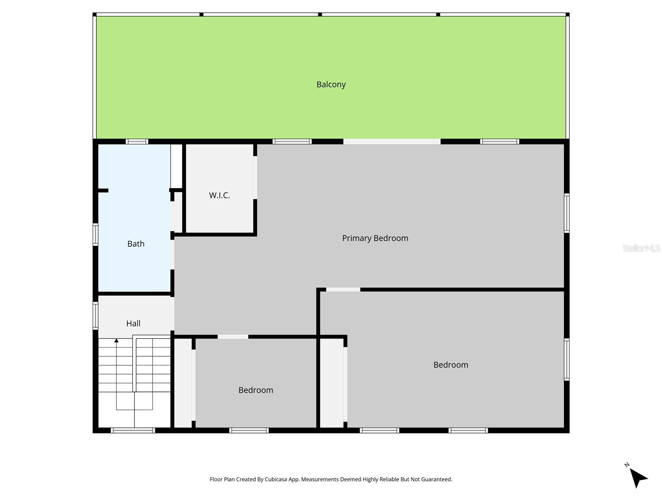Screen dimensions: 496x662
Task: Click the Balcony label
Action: [331, 84]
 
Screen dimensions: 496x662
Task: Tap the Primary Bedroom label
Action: [375, 238]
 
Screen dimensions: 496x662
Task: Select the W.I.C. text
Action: [219, 196]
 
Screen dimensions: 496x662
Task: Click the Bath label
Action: [136, 244]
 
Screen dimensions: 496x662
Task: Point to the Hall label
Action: [133, 324]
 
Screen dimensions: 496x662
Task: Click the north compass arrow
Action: [638, 477]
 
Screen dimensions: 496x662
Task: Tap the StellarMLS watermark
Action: [641, 248]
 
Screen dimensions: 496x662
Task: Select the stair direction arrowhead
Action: [117, 341]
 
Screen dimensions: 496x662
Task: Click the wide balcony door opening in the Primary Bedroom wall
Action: [391, 141]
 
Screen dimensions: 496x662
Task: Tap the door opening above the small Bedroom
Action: [233, 337]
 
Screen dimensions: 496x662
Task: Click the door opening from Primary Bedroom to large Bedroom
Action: [343, 289]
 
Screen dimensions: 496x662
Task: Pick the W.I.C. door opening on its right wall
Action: [255, 177]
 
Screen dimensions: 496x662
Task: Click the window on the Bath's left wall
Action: [96, 234]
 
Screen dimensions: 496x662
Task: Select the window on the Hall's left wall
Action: [96, 316]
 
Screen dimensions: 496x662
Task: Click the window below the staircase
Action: [133, 430]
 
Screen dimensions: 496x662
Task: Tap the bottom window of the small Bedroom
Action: [249, 430]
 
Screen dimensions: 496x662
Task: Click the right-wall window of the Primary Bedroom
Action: [567, 213]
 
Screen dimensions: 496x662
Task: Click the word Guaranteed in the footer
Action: [437, 479]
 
